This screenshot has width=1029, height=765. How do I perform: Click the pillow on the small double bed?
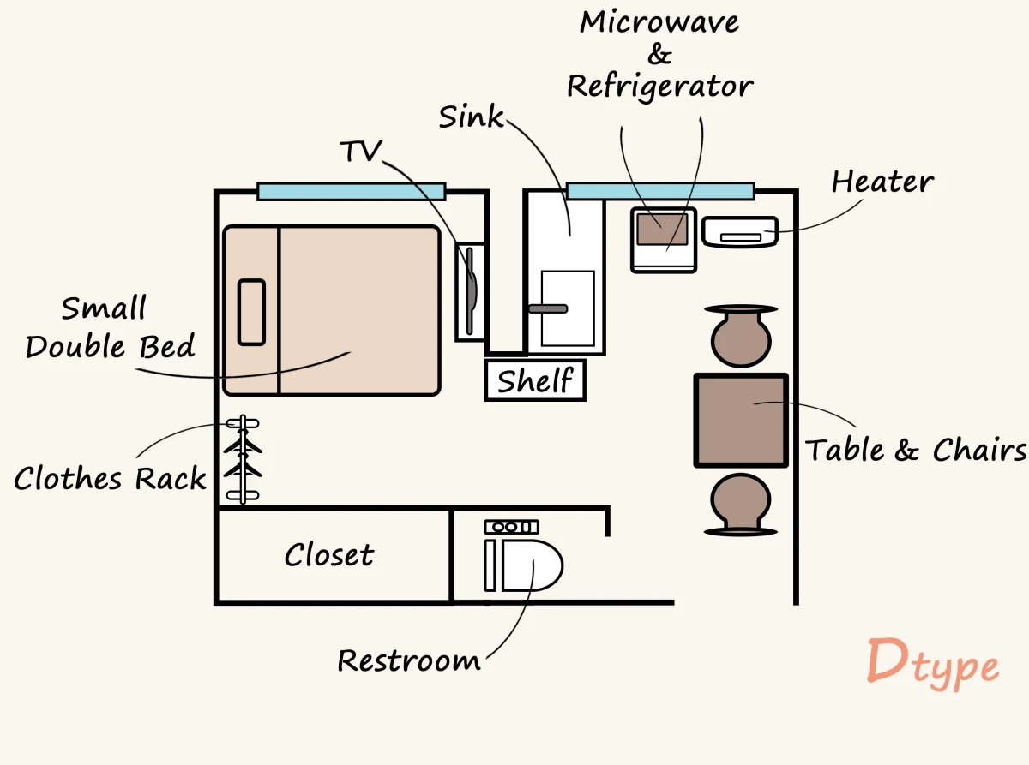(251, 312)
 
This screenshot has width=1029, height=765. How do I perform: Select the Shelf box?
(535, 380)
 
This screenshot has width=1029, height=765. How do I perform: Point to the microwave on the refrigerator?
(663, 229)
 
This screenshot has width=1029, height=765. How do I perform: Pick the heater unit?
(740, 232)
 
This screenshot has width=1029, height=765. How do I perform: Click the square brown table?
(741, 420)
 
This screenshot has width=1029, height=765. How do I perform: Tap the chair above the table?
(741, 336)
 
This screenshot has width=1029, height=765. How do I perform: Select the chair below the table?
(741, 504)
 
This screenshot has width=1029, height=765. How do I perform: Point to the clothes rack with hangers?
(243, 459)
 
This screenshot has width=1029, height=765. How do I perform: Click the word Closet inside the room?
(329, 555)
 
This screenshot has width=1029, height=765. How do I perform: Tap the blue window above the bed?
(351, 191)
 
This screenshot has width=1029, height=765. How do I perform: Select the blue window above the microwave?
(659, 191)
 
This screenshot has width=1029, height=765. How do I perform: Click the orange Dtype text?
(932, 663)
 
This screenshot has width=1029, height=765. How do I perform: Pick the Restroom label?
(408, 660)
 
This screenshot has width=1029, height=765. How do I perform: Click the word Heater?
(882, 182)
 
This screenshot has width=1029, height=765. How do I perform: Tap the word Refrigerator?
(660, 86)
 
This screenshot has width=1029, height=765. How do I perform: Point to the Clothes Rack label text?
(110, 478)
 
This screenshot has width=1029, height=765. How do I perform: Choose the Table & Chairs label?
(916, 450)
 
